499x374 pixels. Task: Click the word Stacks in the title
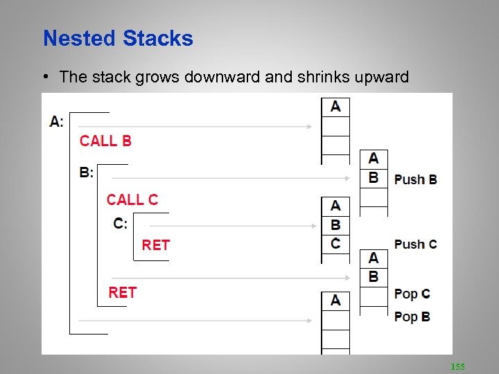158,38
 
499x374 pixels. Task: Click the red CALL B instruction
105,141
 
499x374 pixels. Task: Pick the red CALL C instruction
132,200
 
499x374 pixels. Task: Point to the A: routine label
57,122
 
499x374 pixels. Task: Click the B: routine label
87,172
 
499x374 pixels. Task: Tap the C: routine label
121,224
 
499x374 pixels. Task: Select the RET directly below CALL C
155,245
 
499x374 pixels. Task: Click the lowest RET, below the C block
123,293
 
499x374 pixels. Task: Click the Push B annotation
415,179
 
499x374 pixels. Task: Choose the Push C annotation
415,244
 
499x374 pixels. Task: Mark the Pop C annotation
412,294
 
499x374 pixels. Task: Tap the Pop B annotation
412,317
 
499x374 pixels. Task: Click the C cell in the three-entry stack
335,244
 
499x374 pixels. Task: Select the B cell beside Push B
374,178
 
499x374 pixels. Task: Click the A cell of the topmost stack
335,107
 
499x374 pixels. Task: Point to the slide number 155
457,365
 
